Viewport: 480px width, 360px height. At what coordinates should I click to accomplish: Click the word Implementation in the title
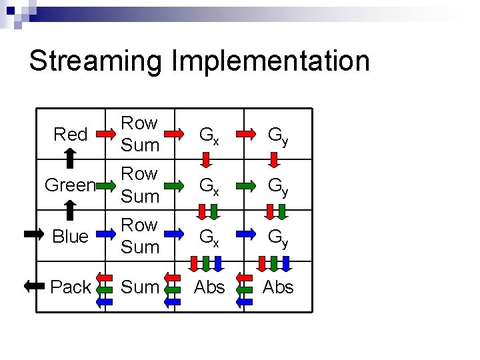click(x=271, y=61)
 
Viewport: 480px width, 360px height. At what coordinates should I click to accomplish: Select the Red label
click(x=71, y=135)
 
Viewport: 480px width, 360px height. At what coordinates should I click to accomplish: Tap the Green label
click(x=69, y=185)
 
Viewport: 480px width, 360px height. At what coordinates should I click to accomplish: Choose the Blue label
click(x=70, y=237)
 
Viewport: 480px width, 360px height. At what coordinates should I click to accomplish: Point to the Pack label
click(x=71, y=287)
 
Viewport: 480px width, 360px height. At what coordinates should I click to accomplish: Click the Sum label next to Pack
click(x=141, y=287)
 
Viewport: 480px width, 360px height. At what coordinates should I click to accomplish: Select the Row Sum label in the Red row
click(x=141, y=134)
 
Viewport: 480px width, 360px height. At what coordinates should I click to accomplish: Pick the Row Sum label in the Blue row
click(x=141, y=236)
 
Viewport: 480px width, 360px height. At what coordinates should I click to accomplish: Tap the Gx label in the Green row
click(x=209, y=185)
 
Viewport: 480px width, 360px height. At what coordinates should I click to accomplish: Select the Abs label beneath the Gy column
click(x=279, y=287)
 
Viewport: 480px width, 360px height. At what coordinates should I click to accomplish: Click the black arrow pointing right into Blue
click(x=33, y=234)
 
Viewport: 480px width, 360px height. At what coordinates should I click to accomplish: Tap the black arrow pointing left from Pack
click(x=33, y=287)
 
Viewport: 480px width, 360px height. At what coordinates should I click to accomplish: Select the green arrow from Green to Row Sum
click(x=105, y=183)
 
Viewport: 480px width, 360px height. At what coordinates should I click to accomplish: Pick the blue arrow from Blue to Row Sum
click(x=105, y=235)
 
